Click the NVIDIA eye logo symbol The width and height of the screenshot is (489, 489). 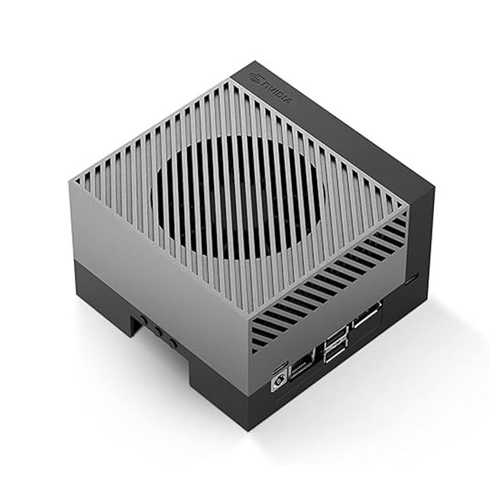(257, 78)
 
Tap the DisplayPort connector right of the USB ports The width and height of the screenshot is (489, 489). (368, 314)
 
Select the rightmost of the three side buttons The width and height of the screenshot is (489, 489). (172, 344)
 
